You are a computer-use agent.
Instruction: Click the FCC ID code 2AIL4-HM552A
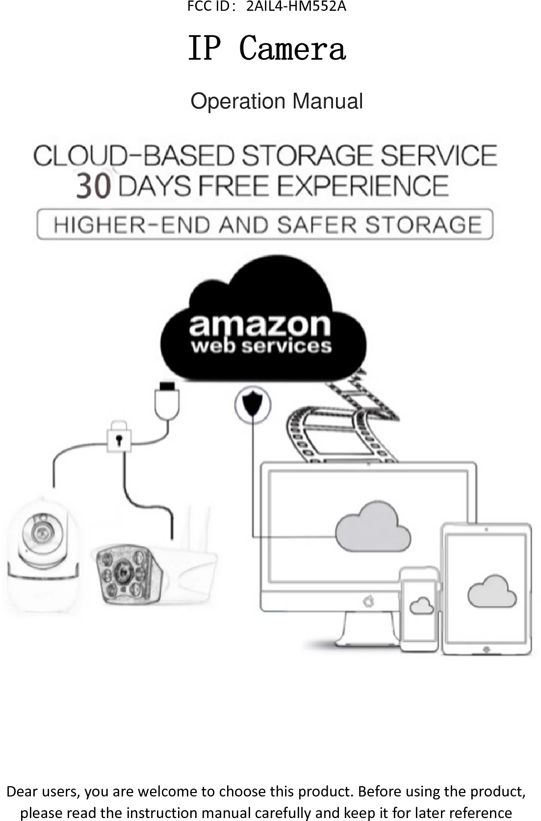point(296,7)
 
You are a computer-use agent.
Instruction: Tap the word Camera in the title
point(292,49)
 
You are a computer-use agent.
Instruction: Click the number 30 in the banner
point(93,187)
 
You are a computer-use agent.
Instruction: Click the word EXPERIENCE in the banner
point(363,186)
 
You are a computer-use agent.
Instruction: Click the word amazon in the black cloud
point(260,324)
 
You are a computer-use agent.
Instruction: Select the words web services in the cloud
point(261,346)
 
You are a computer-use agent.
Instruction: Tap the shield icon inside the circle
point(253,404)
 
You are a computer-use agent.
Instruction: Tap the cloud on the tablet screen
point(492,591)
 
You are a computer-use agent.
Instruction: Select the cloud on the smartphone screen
point(421,606)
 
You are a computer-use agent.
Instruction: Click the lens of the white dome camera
point(40,532)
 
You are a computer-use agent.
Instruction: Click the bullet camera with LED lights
point(128,574)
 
